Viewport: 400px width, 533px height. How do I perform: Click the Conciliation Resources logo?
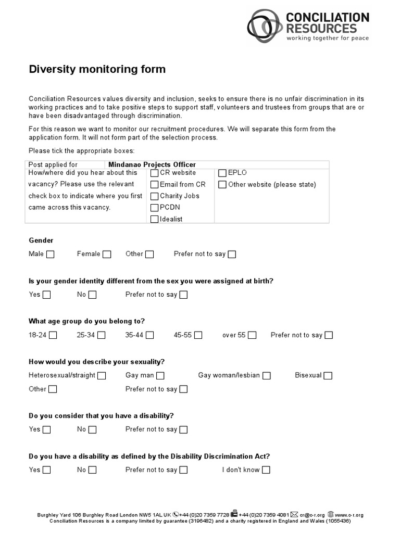[308, 24]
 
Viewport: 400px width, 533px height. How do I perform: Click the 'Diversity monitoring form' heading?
[97, 69]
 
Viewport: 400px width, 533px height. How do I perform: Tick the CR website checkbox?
[154, 173]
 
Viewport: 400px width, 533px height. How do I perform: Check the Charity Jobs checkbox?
[154, 196]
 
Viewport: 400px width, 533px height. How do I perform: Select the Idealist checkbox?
[154, 219]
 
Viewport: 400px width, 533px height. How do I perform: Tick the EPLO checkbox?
[222, 173]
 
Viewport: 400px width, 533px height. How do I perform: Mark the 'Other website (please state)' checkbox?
[222, 184]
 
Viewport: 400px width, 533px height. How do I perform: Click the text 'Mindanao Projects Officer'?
[152, 164]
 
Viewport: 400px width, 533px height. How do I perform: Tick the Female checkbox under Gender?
[107, 255]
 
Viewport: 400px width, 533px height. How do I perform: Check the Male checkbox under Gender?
[51, 255]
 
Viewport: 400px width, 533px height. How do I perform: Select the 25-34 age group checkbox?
[101, 335]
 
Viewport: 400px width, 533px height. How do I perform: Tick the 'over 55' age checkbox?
[252, 335]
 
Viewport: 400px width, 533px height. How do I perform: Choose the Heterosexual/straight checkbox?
[102, 375]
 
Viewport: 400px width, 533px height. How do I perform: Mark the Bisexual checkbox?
[328, 375]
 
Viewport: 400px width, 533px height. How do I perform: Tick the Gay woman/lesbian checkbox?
[267, 375]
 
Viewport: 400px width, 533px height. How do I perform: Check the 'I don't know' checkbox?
[266, 470]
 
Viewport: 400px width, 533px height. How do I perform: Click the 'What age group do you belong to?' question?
[86, 321]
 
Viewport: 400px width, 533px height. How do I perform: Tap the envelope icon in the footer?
[294, 514]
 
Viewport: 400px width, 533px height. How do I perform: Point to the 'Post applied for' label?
[53, 164]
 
